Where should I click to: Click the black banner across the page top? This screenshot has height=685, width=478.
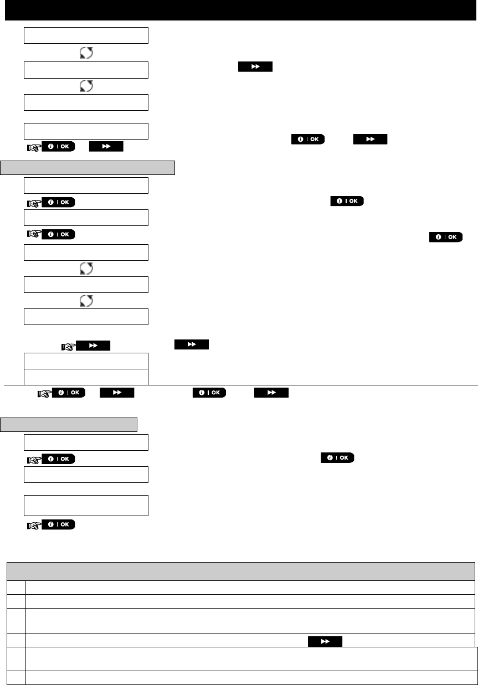239,10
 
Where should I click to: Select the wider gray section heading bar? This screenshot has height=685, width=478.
88,168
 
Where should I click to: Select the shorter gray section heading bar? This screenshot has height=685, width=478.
69,425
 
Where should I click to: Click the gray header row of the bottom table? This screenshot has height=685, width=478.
240,571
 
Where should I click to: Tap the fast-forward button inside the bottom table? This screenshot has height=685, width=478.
325,641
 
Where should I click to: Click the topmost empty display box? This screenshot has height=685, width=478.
86,35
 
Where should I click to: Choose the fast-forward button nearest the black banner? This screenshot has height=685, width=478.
255,66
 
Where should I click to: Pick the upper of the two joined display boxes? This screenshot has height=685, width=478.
86,360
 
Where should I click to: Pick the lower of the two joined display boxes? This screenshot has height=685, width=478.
86,377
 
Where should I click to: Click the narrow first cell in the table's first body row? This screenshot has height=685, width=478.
16,588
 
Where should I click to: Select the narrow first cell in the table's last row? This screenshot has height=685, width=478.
16,677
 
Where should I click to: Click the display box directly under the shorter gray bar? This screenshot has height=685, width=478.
86,443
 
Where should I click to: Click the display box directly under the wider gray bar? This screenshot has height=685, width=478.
86,186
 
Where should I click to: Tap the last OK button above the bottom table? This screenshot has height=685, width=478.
58,524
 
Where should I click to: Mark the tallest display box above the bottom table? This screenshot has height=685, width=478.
86,505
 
